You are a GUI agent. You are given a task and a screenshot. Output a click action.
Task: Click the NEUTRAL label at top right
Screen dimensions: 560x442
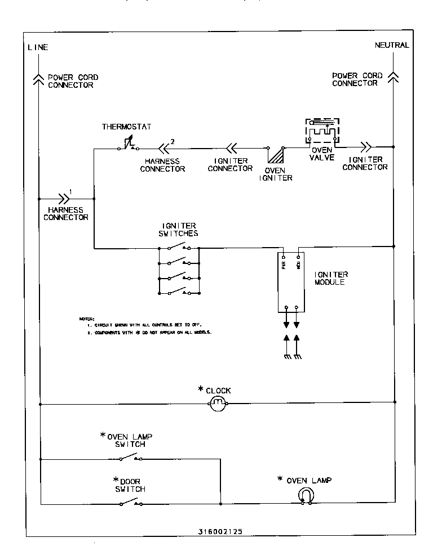tap(392, 46)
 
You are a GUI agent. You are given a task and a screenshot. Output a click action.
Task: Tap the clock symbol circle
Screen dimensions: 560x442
tap(218, 402)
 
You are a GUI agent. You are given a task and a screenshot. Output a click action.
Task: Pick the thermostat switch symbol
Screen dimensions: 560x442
tap(127, 145)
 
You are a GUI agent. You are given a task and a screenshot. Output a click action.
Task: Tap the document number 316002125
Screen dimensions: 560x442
tap(220, 531)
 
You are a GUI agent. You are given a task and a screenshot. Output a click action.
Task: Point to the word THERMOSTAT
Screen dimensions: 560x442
tap(126, 126)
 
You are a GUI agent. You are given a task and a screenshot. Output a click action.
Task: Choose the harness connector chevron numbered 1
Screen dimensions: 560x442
tap(63, 199)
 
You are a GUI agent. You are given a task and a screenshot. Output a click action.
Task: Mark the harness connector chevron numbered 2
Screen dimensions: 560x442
tap(163, 149)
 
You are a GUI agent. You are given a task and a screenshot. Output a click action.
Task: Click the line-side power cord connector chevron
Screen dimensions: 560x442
tap(38, 79)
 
